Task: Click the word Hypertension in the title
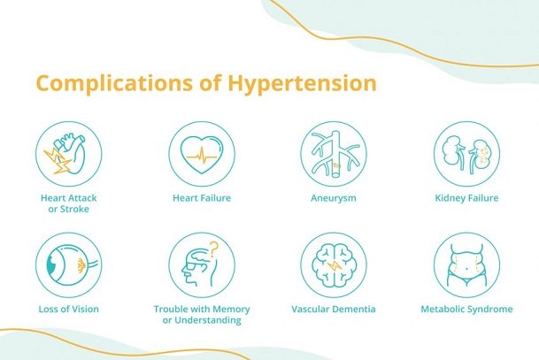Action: (304, 84)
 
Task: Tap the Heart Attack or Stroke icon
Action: (69, 152)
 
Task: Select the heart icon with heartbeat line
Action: (202, 152)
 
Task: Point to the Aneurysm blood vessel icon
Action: (334, 152)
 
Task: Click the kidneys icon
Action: (466, 152)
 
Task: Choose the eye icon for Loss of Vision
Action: (69, 264)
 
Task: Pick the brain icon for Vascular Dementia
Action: (334, 264)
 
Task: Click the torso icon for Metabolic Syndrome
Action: (466, 264)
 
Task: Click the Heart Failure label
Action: (202, 198)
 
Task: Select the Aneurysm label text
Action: (334, 198)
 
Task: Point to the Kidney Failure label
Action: (466, 198)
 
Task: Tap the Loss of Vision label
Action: (69, 310)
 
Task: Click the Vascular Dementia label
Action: (334, 310)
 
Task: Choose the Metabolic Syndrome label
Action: (466, 310)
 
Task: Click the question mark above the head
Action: (213, 247)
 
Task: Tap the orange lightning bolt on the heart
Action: (55, 161)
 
